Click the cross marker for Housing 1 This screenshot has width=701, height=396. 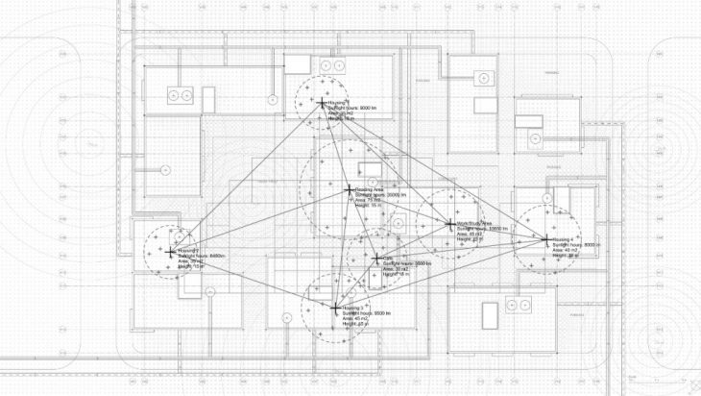coord(320,101)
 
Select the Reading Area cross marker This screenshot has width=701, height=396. coord(349,189)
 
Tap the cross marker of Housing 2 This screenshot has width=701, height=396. coord(172,252)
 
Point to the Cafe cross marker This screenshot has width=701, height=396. coord(375,258)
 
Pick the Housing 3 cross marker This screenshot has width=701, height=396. coord(334,308)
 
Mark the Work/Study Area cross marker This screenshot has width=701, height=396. coord(450,224)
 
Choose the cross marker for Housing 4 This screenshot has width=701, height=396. coord(545,238)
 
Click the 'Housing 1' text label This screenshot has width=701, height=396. coord(336,101)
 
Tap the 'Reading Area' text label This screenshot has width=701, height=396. coord(370,189)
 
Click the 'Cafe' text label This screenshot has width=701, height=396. coord(388,257)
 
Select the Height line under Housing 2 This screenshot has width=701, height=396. coord(192,267)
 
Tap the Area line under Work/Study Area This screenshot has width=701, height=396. coord(471,234)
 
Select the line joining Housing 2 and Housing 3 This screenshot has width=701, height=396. coord(253,280)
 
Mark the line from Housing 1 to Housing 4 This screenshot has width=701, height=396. coord(432,169)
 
